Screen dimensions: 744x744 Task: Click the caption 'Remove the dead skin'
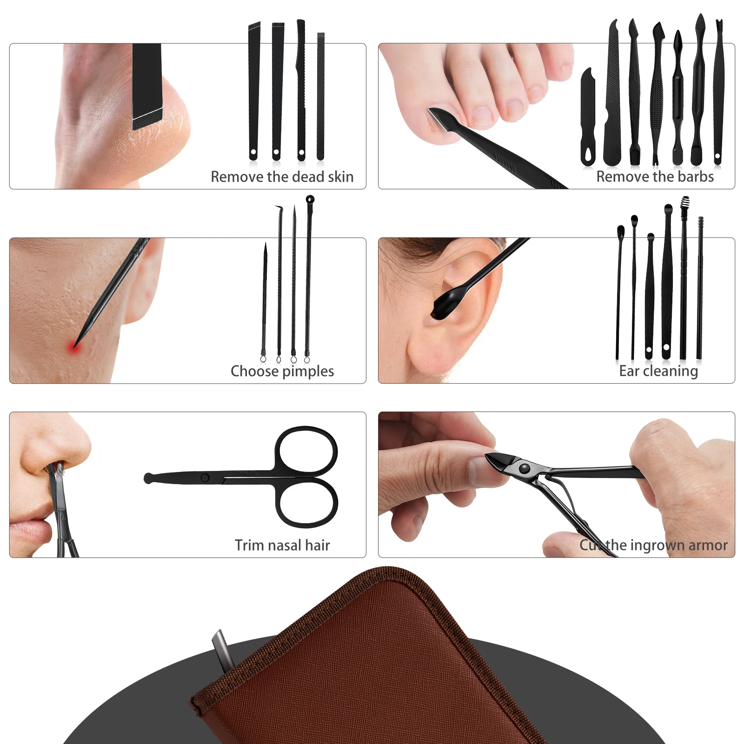(x=282, y=177)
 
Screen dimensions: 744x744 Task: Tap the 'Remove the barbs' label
(x=655, y=177)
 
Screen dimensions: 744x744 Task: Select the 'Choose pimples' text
(x=282, y=371)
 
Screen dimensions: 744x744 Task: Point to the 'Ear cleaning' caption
(x=658, y=371)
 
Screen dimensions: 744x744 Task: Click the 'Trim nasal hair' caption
(x=282, y=545)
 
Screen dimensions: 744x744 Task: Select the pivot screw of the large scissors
(x=205, y=478)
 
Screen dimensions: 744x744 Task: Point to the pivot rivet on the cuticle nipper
(x=524, y=468)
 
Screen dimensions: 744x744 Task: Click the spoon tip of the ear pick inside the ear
(x=444, y=305)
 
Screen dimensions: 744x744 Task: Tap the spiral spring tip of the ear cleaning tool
(x=685, y=202)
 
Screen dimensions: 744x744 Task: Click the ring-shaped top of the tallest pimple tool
(x=310, y=199)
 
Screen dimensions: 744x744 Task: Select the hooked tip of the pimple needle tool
(x=279, y=208)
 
